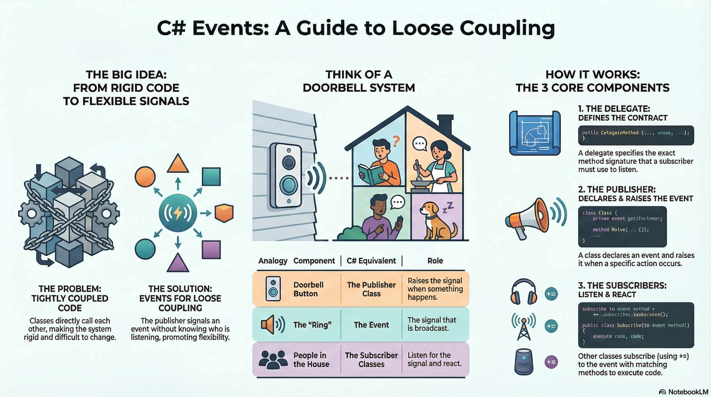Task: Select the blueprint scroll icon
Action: tap(535, 133)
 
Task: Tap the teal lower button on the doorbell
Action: tap(288, 185)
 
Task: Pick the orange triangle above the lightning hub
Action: tap(178, 164)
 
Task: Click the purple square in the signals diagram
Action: tap(211, 250)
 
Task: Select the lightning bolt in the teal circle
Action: tap(178, 212)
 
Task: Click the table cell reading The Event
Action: tap(371, 325)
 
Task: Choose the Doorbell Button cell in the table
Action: tap(308, 289)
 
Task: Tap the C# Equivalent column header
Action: tap(371, 261)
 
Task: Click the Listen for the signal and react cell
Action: tap(435, 359)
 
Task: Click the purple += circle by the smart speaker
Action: tap(551, 362)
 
